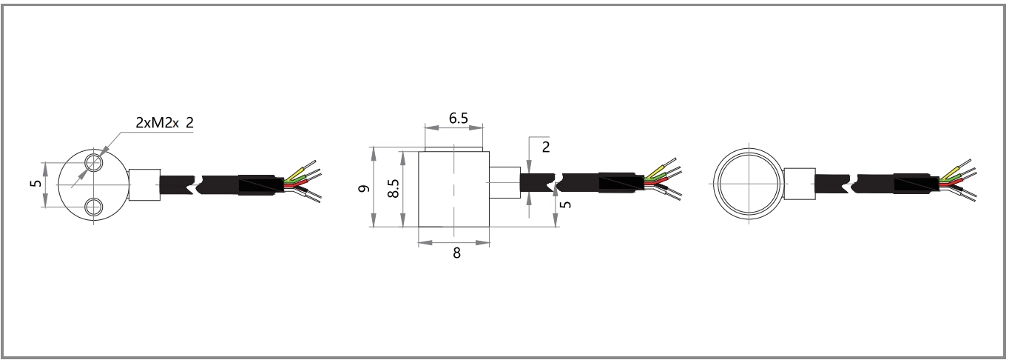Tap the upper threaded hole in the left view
point(93,162)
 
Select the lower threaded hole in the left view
point(93,207)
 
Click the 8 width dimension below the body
point(456,252)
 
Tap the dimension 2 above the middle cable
point(546,146)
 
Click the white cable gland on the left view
point(144,185)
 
